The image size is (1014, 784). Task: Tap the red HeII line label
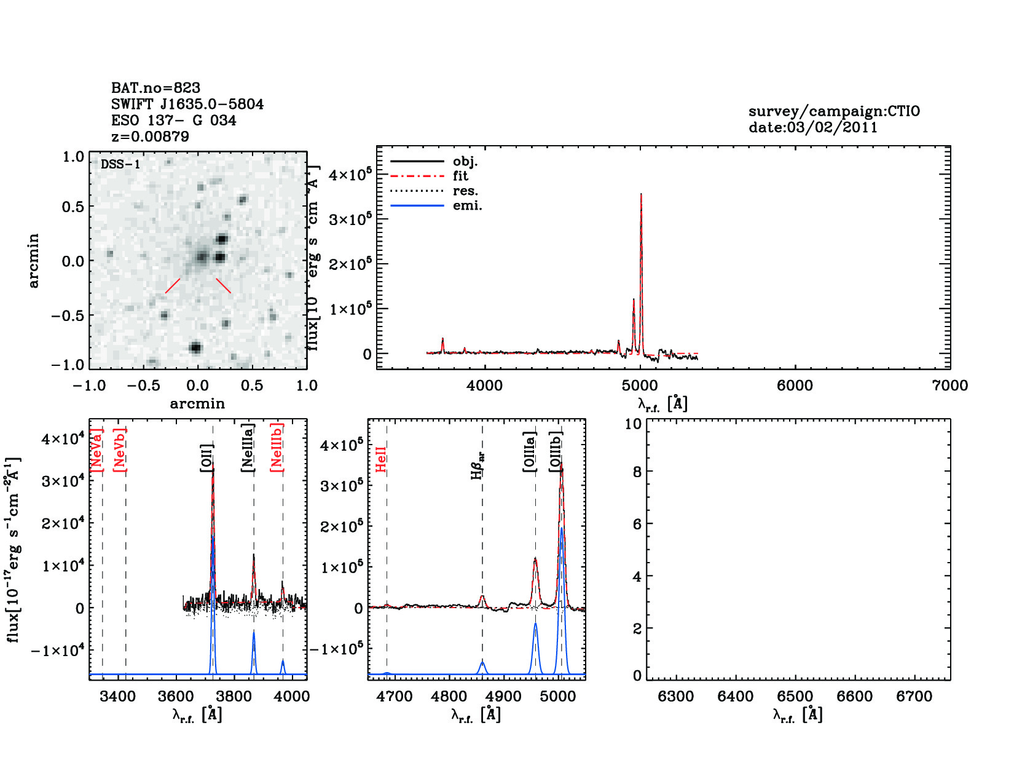[x=381, y=459]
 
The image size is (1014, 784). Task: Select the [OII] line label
[x=206, y=458]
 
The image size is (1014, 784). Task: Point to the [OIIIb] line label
[x=556, y=452]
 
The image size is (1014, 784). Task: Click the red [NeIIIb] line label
[x=277, y=447]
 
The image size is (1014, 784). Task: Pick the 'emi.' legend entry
[x=467, y=206]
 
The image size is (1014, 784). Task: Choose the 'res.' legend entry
[x=465, y=191]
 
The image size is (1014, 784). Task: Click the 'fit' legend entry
[x=460, y=176]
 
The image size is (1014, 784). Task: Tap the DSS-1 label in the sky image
[x=120, y=164]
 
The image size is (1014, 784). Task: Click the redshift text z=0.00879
[x=150, y=137]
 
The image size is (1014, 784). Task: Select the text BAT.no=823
[x=155, y=88]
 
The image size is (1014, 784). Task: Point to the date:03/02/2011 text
[x=812, y=128]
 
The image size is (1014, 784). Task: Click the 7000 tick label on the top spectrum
[x=949, y=386]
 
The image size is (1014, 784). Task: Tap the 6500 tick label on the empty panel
[x=795, y=697]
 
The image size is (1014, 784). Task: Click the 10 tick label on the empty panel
[x=633, y=424]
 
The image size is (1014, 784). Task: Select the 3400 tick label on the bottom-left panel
[x=117, y=697]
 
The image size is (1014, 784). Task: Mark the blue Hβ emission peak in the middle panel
[x=482, y=662]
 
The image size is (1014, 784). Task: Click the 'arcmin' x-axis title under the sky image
[x=197, y=404]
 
